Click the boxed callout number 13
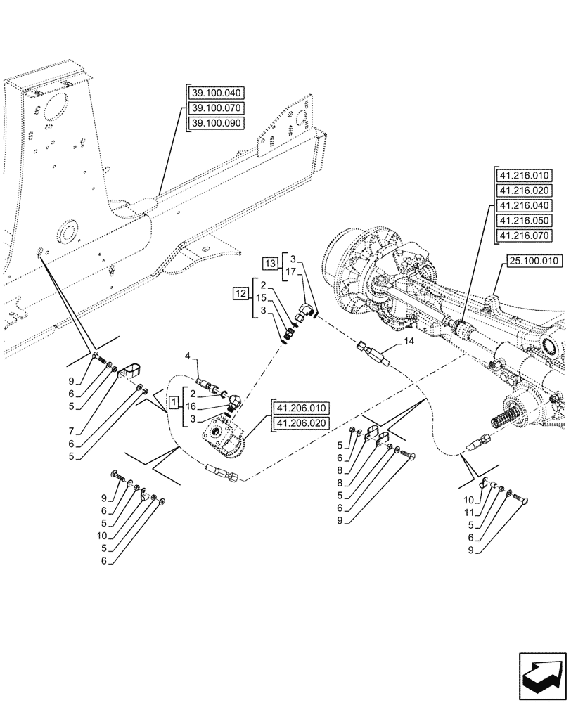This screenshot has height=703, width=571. point(271,263)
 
